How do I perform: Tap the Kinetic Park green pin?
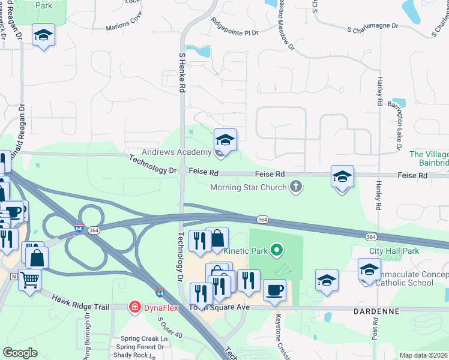276,249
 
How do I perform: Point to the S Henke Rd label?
182,71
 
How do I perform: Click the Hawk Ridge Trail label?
80,302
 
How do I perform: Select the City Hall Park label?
394,250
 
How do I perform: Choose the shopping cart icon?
28,278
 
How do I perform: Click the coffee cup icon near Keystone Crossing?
274,290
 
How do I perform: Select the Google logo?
20,353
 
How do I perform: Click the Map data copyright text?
423,355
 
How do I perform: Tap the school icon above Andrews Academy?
225,140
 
